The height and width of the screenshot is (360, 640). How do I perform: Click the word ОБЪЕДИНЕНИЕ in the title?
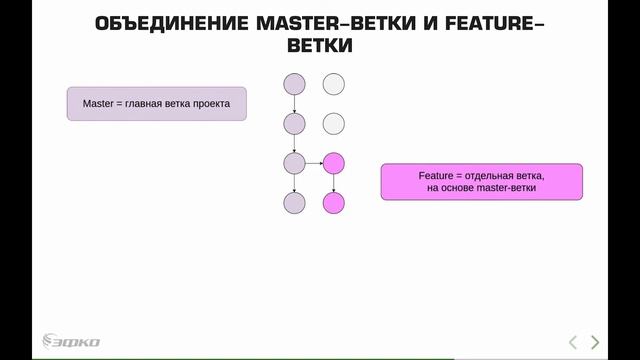(x=165, y=23)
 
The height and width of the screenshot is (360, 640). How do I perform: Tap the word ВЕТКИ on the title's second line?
(x=319, y=46)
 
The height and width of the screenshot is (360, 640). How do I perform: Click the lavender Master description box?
(x=157, y=102)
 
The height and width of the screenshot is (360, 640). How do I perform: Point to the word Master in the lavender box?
(x=99, y=102)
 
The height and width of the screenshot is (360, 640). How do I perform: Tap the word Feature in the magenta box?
(x=435, y=175)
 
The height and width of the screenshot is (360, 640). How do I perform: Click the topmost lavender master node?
(x=294, y=84)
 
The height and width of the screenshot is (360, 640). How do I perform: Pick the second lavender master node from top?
(x=294, y=124)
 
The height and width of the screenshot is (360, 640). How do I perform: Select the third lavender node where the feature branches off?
(x=294, y=163)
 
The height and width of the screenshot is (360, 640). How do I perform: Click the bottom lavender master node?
(x=294, y=203)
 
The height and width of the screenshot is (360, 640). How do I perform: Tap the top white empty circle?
(x=334, y=84)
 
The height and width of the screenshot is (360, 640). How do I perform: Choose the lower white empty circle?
(x=334, y=124)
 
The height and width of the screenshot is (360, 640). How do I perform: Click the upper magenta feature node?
(x=334, y=163)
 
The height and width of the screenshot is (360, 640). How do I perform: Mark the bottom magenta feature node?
(x=334, y=203)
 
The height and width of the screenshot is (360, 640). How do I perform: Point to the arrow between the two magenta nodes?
(x=334, y=183)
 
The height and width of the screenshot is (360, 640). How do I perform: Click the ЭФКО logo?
(x=70, y=341)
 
